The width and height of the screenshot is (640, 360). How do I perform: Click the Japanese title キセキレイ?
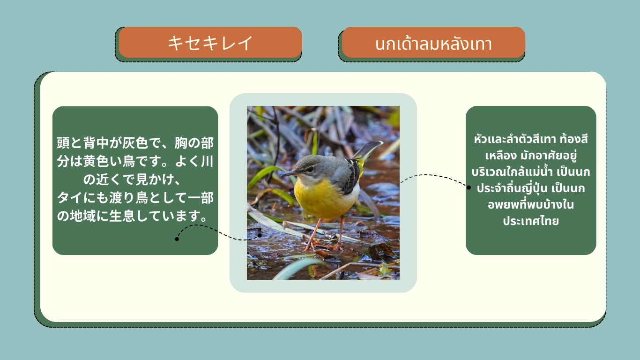click(210, 43)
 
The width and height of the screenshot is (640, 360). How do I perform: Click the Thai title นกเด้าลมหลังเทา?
click(433, 44)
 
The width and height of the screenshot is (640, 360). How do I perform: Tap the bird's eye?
click(310, 169)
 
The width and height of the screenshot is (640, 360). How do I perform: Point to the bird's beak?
click(289, 173)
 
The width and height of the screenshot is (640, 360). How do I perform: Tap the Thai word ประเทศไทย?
click(530, 221)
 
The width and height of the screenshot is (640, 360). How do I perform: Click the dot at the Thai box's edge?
click(469, 187)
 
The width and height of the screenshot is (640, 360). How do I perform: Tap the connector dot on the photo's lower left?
click(260, 235)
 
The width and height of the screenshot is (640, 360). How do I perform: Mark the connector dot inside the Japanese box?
click(177, 239)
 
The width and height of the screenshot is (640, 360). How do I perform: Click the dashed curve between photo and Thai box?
click(434, 176)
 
